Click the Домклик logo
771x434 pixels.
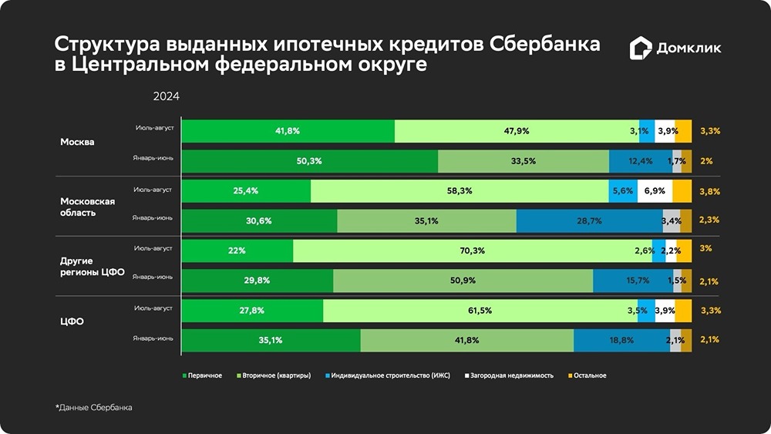[x=675, y=49]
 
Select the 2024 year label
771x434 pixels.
[x=166, y=96]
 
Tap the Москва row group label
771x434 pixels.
[x=77, y=143]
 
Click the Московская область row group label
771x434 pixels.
[x=87, y=207]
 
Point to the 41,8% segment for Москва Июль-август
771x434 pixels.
[x=288, y=131]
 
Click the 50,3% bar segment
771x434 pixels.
[x=309, y=161]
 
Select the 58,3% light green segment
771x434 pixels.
[x=460, y=190]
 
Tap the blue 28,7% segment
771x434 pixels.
[x=589, y=220]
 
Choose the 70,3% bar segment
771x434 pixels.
[x=472, y=251]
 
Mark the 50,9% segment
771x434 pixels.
[x=463, y=281]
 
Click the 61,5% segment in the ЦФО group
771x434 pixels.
[x=480, y=311]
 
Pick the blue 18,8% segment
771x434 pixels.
[x=621, y=340]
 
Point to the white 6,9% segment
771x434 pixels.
[x=655, y=190]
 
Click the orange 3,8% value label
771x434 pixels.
[x=709, y=190]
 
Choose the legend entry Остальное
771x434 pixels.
[x=588, y=375]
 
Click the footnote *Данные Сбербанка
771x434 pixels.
[x=93, y=407]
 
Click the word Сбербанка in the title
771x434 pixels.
[x=544, y=44]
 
